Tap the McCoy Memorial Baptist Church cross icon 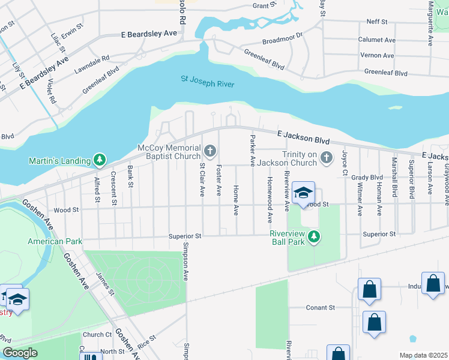tap(210, 149)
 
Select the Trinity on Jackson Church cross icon tap(327, 158)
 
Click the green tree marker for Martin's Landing tap(99, 160)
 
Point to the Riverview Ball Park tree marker tap(313, 238)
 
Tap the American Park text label tap(53, 241)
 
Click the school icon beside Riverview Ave tap(304, 192)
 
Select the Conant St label tap(320, 307)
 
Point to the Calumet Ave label tap(377, 40)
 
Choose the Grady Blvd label tap(367, 177)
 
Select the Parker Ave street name tap(252, 151)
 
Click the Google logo tap(20, 352)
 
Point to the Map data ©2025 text tap(423, 355)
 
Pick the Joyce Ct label tap(345, 163)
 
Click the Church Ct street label tap(97, 335)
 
